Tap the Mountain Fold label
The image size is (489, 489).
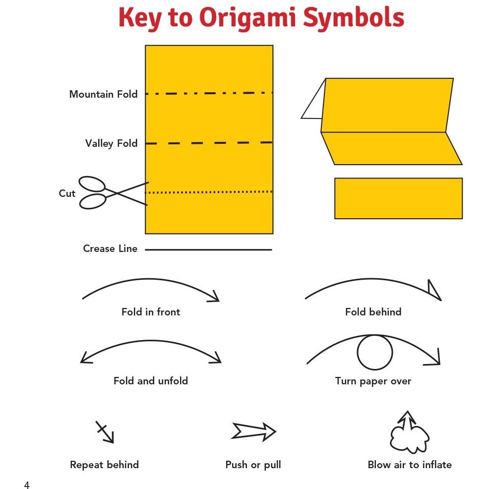coord(103,94)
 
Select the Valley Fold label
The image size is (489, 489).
coord(111,143)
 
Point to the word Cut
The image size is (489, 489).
coord(67,193)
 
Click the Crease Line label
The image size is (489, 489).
coord(110,248)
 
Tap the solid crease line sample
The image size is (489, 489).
coord(208,249)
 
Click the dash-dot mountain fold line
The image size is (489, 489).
coord(209,93)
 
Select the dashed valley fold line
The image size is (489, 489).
coord(209,143)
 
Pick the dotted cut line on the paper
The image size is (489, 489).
coord(209,192)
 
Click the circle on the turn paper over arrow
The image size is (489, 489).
coord(374,352)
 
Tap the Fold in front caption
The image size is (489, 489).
coord(151,311)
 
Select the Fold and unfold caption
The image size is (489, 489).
coord(151,380)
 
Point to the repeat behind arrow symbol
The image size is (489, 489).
coord(105,432)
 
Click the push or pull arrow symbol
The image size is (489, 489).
coord(253,431)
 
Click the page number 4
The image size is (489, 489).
coord(27,485)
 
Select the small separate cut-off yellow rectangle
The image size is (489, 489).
coord(398,198)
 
